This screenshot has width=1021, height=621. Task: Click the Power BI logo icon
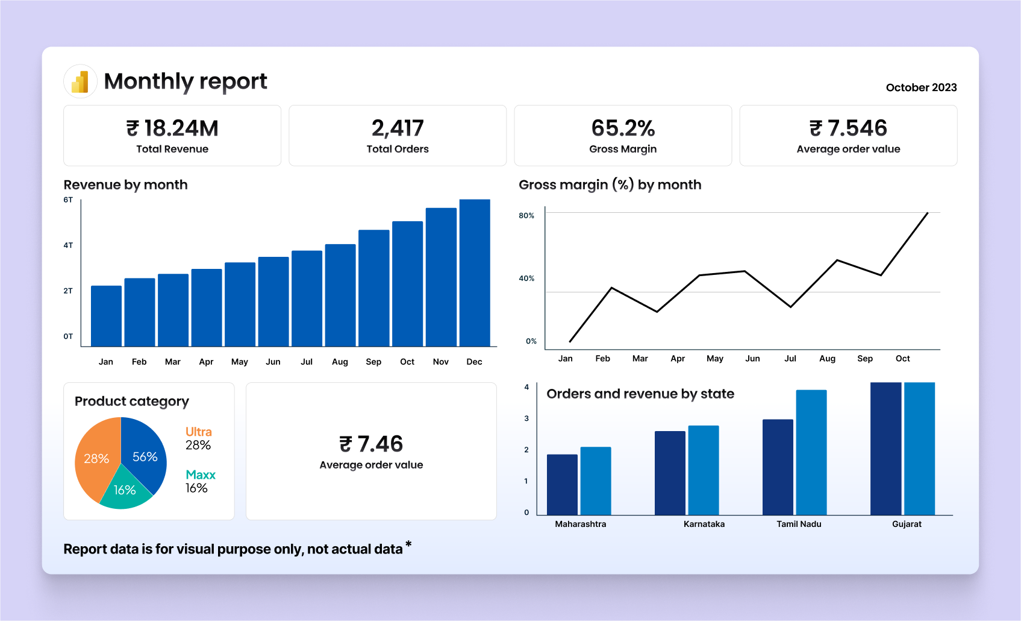pyautogui.click(x=80, y=81)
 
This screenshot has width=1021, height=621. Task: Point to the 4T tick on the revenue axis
pyautogui.click(x=68, y=245)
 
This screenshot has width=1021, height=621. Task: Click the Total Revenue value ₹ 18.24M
pyautogui.click(x=172, y=128)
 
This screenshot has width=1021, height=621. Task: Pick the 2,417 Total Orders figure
pyautogui.click(x=398, y=128)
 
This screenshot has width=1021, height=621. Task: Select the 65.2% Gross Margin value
pyautogui.click(x=623, y=128)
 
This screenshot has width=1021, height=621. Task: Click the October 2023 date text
pyautogui.click(x=921, y=87)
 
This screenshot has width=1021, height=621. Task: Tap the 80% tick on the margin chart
pyautogui.click(x=526, y=215)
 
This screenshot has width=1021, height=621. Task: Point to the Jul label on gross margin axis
pyautogui.click(x=790, y=359)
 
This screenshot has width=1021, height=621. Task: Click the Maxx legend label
pyautogui.click(x=201, y=475)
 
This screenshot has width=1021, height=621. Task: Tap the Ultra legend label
pyautogui.click(x=199, y=432)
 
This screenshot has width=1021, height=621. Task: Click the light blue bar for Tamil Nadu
pyautogui.click(x=811, y=452)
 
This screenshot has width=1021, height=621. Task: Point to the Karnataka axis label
pyautogui.click(x=704, y=525)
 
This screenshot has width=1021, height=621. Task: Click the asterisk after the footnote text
pyautogui.click(x=408, y=544)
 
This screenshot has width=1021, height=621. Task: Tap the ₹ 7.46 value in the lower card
pyautogui.click(x=371, y=444)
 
